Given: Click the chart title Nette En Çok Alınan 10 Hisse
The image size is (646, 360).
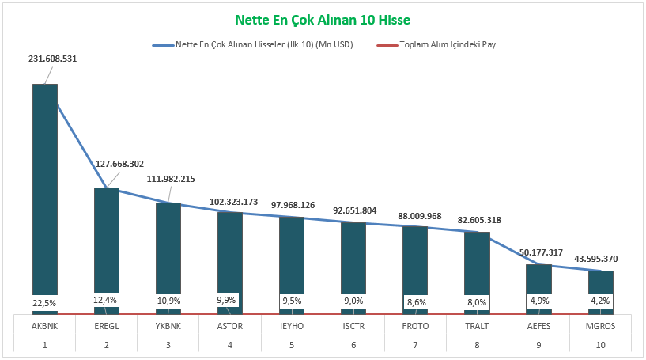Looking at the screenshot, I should click(x=323, y=19).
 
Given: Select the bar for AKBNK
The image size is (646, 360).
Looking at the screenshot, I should click(x=45, y=190).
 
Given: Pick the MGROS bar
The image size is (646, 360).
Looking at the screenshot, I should click(x=600, y=285).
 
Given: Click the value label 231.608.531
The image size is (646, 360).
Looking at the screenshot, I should click(x=53, y=59).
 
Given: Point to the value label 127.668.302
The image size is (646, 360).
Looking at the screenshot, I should click(x=120, y=164).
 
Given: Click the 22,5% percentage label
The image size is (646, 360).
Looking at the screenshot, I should click(x=45, y=301).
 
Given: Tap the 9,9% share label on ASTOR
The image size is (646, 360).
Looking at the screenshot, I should click(x=230, y=301).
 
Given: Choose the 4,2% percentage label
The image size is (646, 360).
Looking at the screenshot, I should click(x=600, y=301).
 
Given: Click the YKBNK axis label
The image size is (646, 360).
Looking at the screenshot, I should click(x=168, y=325).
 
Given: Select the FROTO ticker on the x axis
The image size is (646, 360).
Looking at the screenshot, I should click(x=415, y=325).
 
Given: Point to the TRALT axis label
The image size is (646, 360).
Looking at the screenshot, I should click(x=477, y=325).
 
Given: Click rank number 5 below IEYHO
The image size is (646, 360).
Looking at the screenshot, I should click(x=292, y=344).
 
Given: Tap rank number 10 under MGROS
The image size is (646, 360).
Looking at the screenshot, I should click(x=600, y=344).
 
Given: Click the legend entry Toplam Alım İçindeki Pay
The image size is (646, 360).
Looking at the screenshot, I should click(x=448, y=44).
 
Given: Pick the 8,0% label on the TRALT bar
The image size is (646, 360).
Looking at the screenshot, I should click(x=477, y=301).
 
